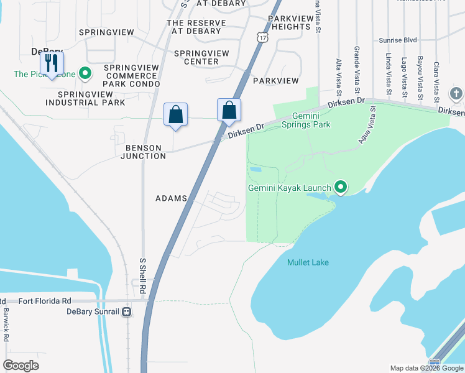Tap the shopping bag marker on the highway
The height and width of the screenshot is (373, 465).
click(229, 110)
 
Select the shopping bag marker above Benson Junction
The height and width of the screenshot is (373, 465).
click(175, 114)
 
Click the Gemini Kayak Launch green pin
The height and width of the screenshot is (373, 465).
click(340, 186)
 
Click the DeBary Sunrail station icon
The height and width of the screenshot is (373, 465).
click(127, 311)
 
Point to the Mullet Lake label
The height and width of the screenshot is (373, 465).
click(308, 262)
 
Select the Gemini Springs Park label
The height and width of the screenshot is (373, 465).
click(305, 120)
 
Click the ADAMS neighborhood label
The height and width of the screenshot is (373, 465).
click(171, 198)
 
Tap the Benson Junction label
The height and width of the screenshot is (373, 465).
click(146, 152)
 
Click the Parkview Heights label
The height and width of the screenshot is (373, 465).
click(290, 23)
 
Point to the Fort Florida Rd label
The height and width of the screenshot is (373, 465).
click(45, 301)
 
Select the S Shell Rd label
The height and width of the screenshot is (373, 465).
click(142, 276)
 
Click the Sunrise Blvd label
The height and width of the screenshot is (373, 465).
click(397, 40)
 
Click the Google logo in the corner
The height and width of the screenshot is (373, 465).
click(21, 366)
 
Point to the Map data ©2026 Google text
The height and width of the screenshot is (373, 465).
click(426, 368)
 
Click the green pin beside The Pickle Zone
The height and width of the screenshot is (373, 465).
click(85, 75)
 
